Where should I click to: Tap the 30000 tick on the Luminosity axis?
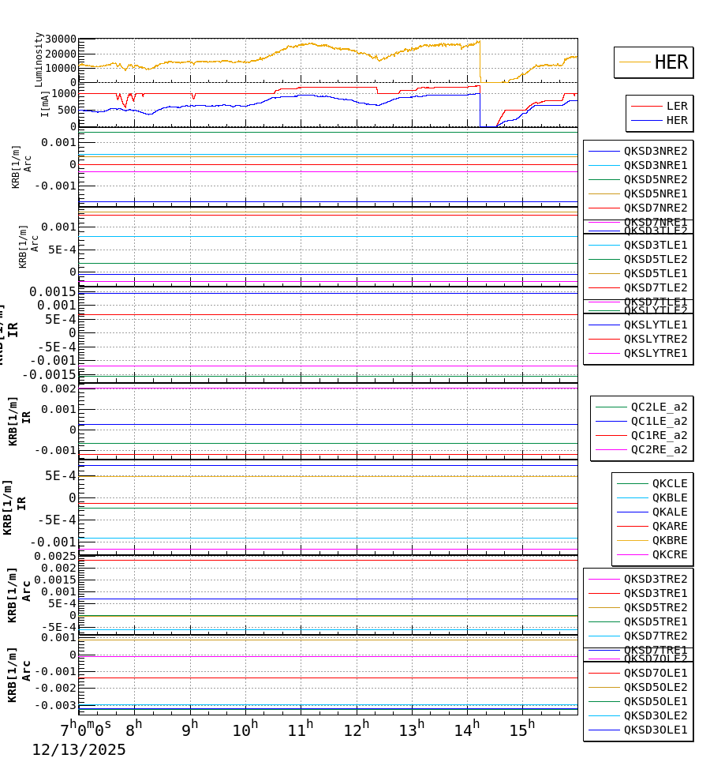click(61, 39)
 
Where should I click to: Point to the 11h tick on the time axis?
click(300, 730)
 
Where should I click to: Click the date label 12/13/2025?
click(79, 749)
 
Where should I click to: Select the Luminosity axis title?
click(39, 59)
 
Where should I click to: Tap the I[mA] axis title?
click(45, 103)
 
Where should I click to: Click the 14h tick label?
click(466, 730)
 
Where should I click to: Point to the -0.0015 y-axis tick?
click(48, 374)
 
